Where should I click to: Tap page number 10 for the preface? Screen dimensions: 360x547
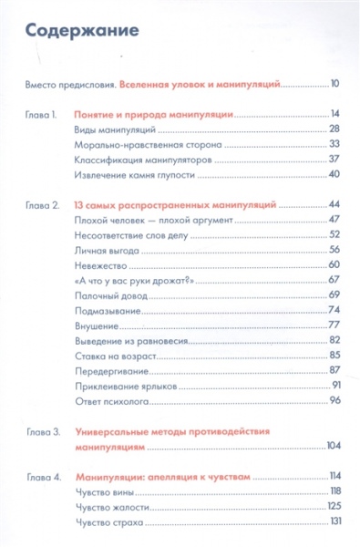point(334,85)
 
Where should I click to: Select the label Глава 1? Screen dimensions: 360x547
point(43,116)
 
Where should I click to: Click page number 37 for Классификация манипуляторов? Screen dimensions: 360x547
point(334,160)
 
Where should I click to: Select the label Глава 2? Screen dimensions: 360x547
point(43,205)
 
